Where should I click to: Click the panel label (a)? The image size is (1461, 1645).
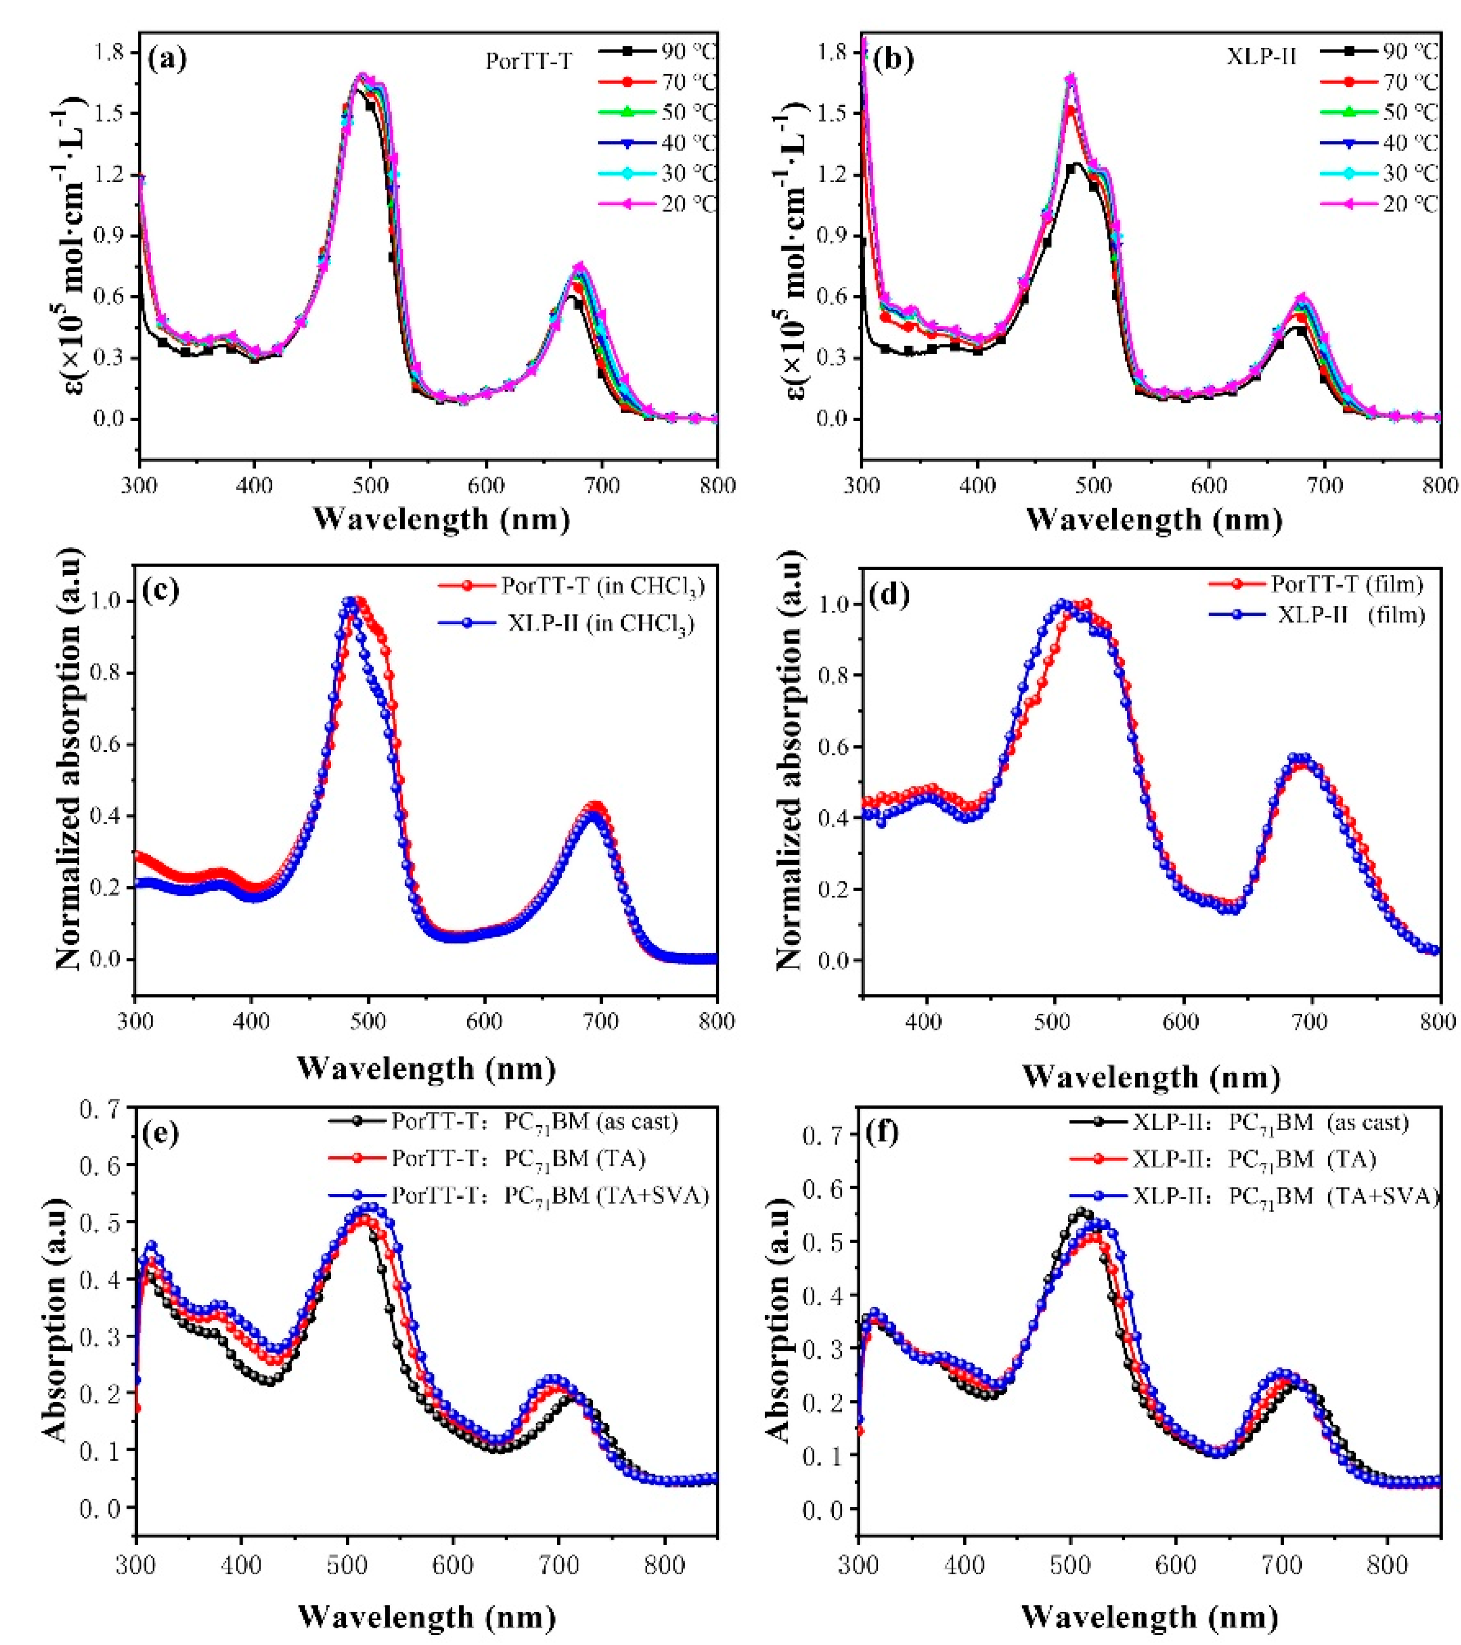click(x=167, y=60)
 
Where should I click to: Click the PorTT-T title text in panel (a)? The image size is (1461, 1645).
click(x=528, y=61)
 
